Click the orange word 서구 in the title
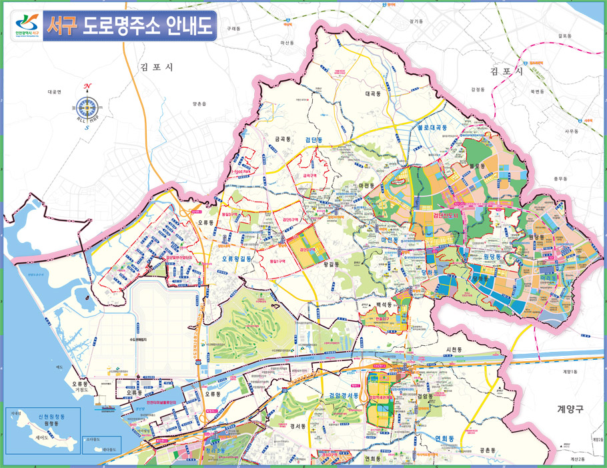pyautogui.click(x=62, y=25)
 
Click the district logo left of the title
pyautogui.click(x=27, y=25)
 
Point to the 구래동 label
pyautogui.click(x=233, y=29)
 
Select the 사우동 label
pyautogui.click(x=572, y=132)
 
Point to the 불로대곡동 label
pyautogui.click(x=432, y=127)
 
